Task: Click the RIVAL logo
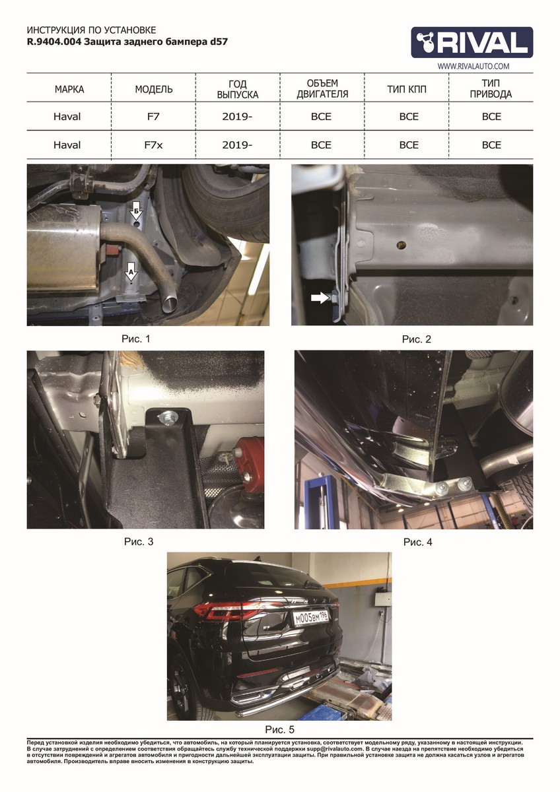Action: click(x=472, y=42)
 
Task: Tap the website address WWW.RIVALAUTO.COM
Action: click(x=473, y=66)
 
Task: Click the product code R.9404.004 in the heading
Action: click(x=54, y=42)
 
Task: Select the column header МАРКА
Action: click(x=69, y=89)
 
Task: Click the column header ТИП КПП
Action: click(x=407, y=89)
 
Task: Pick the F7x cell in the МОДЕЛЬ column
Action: click(x=153, y=145)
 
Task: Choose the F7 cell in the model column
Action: click(x=153, y=116)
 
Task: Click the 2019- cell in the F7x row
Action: click(x=237, y=145)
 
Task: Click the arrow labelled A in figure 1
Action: click(x=131, y=271)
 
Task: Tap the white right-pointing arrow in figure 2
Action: click(x=320, y=298)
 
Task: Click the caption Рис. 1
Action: click(x=136, y=339)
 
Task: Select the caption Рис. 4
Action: click(x=418, y=542)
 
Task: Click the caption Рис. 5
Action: click(x=279, y=729)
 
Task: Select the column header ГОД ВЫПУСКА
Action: click(x=238, y=89)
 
